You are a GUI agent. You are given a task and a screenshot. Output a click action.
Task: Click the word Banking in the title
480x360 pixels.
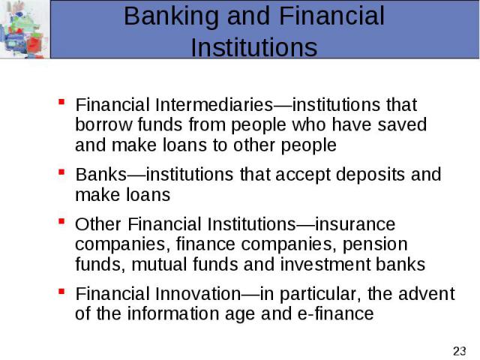coord(171,16)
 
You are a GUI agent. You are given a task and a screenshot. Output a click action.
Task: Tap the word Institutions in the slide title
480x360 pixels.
coord(253,47)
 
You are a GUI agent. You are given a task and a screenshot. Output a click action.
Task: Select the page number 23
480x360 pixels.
coord(460,351)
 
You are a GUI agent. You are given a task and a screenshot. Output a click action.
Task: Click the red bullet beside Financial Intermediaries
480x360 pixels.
coord(61,102)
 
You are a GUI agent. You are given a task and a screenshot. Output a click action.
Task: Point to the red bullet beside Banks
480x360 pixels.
coord(61,172)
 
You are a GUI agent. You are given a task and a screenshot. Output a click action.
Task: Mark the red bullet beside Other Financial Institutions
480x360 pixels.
coord(61,221)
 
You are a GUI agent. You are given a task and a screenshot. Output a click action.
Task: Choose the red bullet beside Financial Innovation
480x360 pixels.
coord(61,291)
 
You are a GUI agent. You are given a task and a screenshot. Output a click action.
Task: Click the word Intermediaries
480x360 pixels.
coord(214,105)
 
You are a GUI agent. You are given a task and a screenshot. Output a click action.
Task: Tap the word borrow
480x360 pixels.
coord(103,124)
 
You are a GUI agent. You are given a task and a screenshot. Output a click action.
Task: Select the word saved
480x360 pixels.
coord(402,124)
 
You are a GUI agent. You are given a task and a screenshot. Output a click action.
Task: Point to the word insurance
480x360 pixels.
coord(355,224)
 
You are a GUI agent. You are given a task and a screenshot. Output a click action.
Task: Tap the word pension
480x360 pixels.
coord(375,245)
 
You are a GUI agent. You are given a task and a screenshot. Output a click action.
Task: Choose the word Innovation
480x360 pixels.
coord(198,294)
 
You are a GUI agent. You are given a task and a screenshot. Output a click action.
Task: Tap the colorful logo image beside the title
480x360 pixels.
coord(25,29)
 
